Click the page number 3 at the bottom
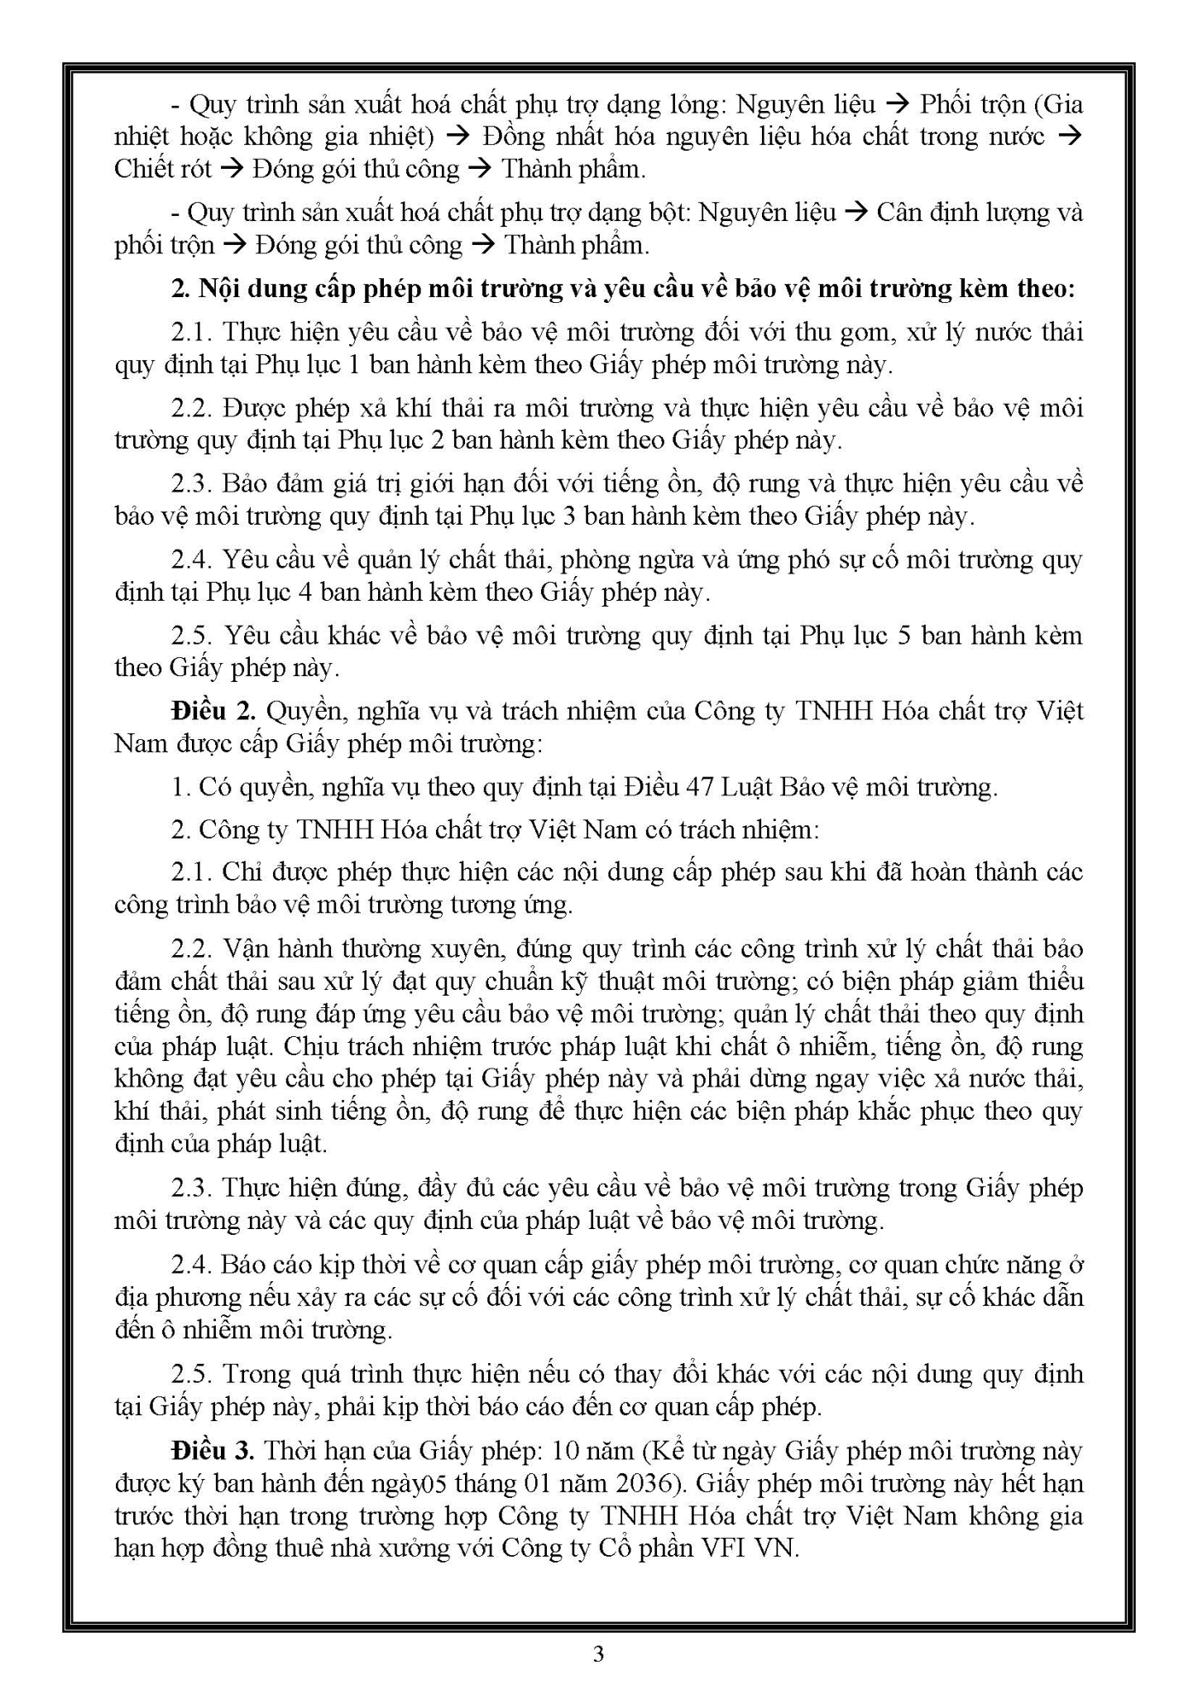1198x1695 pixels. coord(598,1654)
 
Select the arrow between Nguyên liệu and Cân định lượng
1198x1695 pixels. coord(857,213)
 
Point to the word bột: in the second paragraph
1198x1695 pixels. coord(664,213)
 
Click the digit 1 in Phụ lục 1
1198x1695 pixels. coord(354,365)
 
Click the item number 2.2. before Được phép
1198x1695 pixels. coord(193,408)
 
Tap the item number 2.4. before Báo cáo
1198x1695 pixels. coord(193,1265)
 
